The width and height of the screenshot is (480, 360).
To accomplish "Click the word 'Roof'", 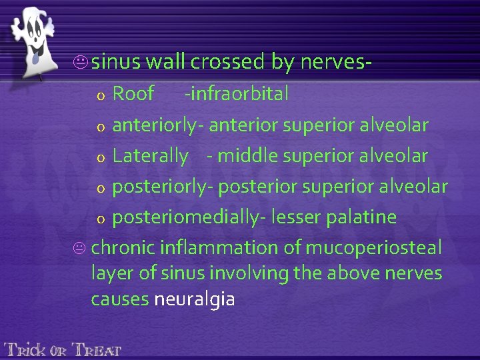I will coord(133,94).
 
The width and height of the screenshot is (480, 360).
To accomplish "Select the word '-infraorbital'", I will coord(237,94).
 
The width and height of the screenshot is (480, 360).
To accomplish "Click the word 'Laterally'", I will coord(151,156).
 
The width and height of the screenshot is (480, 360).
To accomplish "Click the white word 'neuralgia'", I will coord(194,299).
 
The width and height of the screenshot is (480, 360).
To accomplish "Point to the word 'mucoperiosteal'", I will coord(373,248).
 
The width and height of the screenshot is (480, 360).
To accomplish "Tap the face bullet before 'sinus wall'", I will coord(83,63).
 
